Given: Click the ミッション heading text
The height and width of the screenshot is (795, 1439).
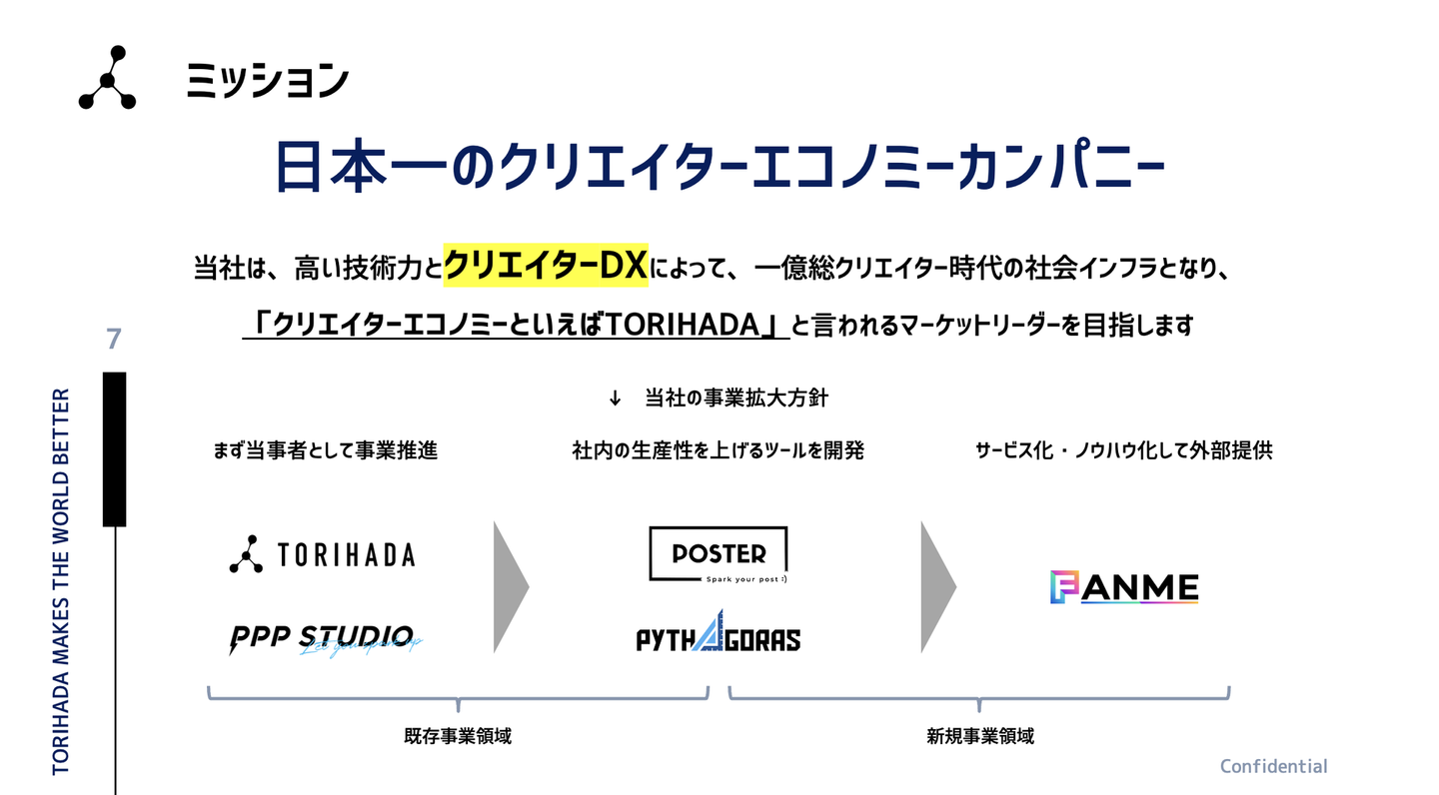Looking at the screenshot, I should tap(267, 81).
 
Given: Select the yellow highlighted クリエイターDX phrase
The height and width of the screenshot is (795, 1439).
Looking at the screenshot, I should tap(546, 267).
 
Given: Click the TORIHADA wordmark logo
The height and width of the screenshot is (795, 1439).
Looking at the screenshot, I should tap(322, 554).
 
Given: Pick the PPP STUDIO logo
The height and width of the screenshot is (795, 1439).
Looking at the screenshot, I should tap(321, 639).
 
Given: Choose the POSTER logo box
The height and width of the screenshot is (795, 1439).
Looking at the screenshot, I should tap(718, 553).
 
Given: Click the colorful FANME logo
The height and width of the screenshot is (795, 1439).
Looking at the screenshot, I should tap(1124, 587).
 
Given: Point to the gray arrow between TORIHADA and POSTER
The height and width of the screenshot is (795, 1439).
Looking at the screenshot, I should tap(510, 586).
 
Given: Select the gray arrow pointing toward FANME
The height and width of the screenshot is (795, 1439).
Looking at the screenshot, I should tap(937, 586).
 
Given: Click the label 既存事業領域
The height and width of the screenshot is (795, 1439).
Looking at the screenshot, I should tap(458, 737).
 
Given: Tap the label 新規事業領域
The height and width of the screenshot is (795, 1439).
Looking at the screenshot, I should tap(980, 737).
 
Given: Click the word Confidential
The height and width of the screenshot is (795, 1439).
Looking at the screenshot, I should tap(1273, 766).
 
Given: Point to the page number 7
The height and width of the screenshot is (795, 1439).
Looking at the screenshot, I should tap(114, 340).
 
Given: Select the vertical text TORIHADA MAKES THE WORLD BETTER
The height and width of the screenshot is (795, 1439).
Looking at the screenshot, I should tap(61, 581).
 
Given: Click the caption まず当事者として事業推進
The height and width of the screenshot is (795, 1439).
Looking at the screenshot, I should tap(326, 450).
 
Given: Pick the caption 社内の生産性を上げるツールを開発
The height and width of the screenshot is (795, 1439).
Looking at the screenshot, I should tap(718, 450).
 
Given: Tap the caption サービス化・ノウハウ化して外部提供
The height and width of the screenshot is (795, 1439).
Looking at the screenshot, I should tap(1123, 450).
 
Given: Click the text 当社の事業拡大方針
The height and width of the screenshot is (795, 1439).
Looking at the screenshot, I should tap(736, 397).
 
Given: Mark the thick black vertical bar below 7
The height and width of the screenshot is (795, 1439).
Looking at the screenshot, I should tap(115, 448).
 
